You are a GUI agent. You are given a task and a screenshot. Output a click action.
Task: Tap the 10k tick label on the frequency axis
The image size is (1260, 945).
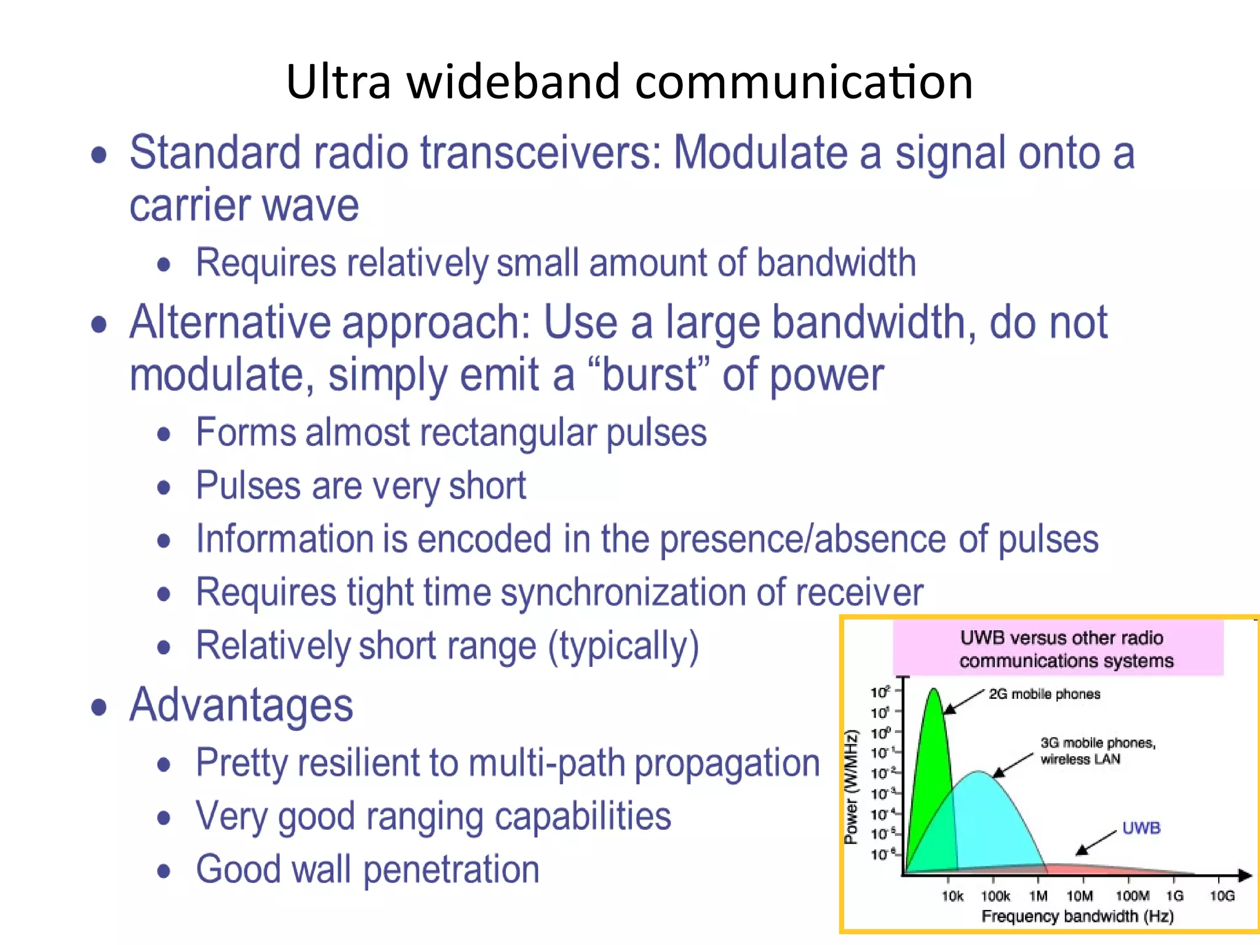pyautogui.click(x=952, y=896)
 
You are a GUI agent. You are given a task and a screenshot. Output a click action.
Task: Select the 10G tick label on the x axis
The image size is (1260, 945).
pyautogui.click(x=1222, y=896)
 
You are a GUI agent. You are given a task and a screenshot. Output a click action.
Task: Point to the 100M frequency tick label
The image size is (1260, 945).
pyautogui.click(x=1132, y=896)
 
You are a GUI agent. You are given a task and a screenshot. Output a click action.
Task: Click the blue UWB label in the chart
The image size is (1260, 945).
pyautogui.click(x=1141, y=827)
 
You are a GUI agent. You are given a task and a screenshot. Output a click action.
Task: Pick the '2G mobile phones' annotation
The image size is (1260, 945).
pyautogui.click(x=1044, y=694)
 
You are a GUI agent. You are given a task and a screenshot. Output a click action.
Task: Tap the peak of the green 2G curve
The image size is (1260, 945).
pyautogui.click(x=934, y=690)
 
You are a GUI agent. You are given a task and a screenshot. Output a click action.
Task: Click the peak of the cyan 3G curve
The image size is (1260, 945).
pyautogui.click(x=978, y=772)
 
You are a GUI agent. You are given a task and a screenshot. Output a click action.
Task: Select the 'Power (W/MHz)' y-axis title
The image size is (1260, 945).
pyautogui.click(x=851, y=787)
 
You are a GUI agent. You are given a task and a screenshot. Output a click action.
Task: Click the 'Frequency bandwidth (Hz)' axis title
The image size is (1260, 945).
pyautogui.click(x=1077, y=916)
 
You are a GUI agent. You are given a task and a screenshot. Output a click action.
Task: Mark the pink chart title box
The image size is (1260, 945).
pyautogui.click(x=1058, y=649)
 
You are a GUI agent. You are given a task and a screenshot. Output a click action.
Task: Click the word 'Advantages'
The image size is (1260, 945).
pyautogui.click(x=241, y=705)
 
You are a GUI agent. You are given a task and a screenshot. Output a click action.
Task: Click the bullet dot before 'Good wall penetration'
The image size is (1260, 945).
pyautogui.click(x=164, y=871)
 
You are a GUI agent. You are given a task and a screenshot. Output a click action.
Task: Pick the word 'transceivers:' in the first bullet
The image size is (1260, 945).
pyautogui.click(x=541, y=153)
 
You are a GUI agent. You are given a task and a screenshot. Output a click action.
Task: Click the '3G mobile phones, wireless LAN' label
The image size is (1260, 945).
pyautogui.click(x=1098, y=751)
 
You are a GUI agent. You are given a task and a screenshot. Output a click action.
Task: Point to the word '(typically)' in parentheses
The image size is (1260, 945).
pyautogui.click(x=623, y=646)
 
